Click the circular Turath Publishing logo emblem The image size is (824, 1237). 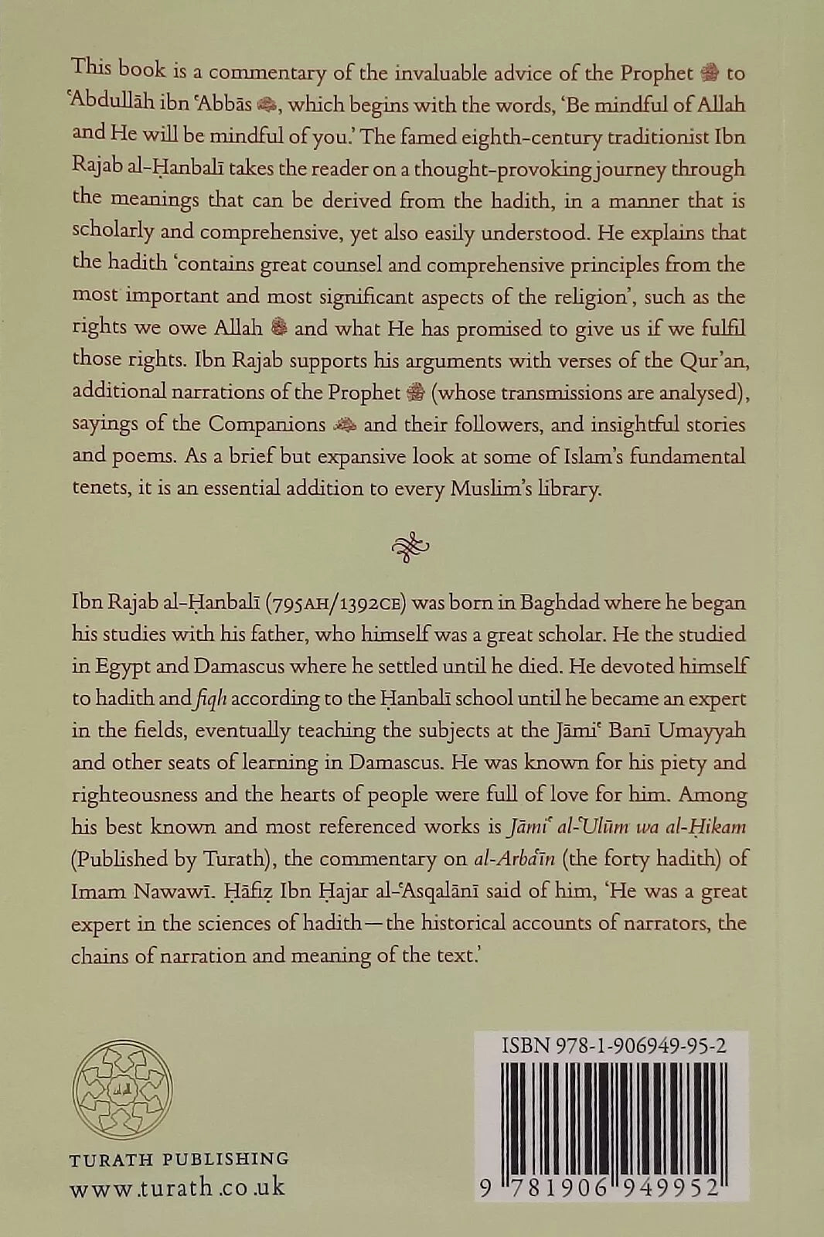(x=122, y=1089)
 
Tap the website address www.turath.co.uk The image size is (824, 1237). (x=177, y=1188)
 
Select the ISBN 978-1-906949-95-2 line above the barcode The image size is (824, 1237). (x=613, y=1046)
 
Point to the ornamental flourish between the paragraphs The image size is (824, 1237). (x=410, y=546)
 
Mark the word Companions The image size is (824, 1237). (x=267, y=424)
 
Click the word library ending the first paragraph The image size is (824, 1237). (x=569, y=489)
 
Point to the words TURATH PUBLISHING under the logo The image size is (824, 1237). (x=179, y=1159)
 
